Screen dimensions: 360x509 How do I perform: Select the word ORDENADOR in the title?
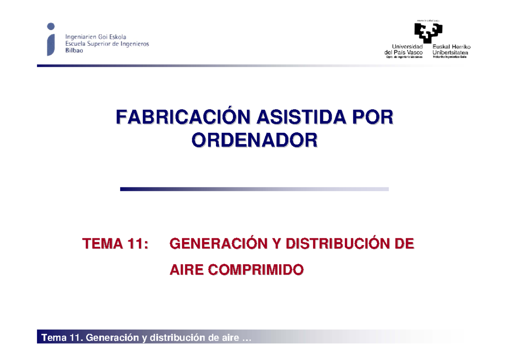click(255, 140)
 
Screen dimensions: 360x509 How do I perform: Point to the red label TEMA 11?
click(115, 244)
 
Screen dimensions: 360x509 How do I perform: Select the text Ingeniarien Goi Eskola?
click(95, 37)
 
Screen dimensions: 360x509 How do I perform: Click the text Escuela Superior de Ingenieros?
click(107, 44)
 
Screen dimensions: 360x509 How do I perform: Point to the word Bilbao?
click(74, 50)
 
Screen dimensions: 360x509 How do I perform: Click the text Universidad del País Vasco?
click(403, 50)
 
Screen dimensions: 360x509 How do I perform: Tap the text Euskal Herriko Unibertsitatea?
click(451, 50)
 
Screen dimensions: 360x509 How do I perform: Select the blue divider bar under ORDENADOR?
click(255, 189)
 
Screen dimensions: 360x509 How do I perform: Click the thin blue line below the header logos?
click(255, 66)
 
